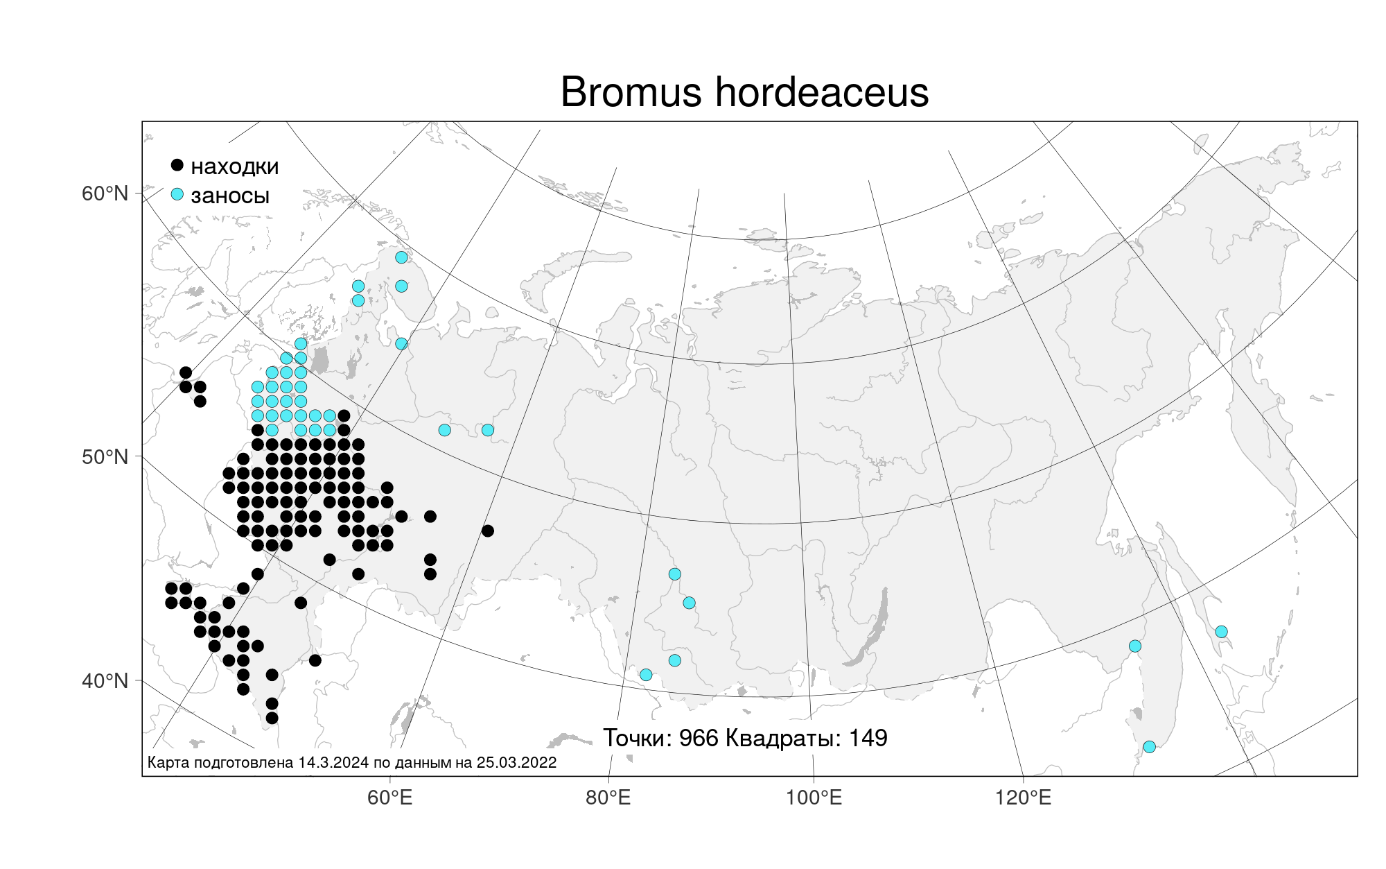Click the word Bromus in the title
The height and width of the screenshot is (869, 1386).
coord(631,92)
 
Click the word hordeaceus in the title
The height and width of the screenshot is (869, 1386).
coord(822,92)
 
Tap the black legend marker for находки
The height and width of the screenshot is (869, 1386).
coord(177,165)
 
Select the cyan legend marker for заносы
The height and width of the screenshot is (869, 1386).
coord(177,194)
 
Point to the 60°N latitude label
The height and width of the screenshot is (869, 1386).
coord(105,193)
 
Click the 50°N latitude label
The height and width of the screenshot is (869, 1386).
coord(105,457)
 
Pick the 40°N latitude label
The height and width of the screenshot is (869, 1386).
coord(105,681)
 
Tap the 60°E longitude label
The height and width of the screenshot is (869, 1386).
coord(390,798)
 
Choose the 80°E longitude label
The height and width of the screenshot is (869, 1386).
coord(608,798)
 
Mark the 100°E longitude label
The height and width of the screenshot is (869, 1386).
coord(814,798)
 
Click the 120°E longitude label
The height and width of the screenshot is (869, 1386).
coord(1023,798)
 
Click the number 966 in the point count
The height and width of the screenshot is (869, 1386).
coord(699,738)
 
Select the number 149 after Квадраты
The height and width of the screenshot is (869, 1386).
coord(868,738)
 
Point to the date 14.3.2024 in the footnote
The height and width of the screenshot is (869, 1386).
coord(333,763)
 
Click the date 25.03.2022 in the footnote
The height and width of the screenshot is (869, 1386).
coord(516,763)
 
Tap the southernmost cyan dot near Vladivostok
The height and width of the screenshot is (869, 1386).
coord(1149,747)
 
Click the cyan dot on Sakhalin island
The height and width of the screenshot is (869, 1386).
coord(1221,632)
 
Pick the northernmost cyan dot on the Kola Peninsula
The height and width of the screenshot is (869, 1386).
coord(401,257)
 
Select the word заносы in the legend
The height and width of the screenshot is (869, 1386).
coord(230,196)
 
